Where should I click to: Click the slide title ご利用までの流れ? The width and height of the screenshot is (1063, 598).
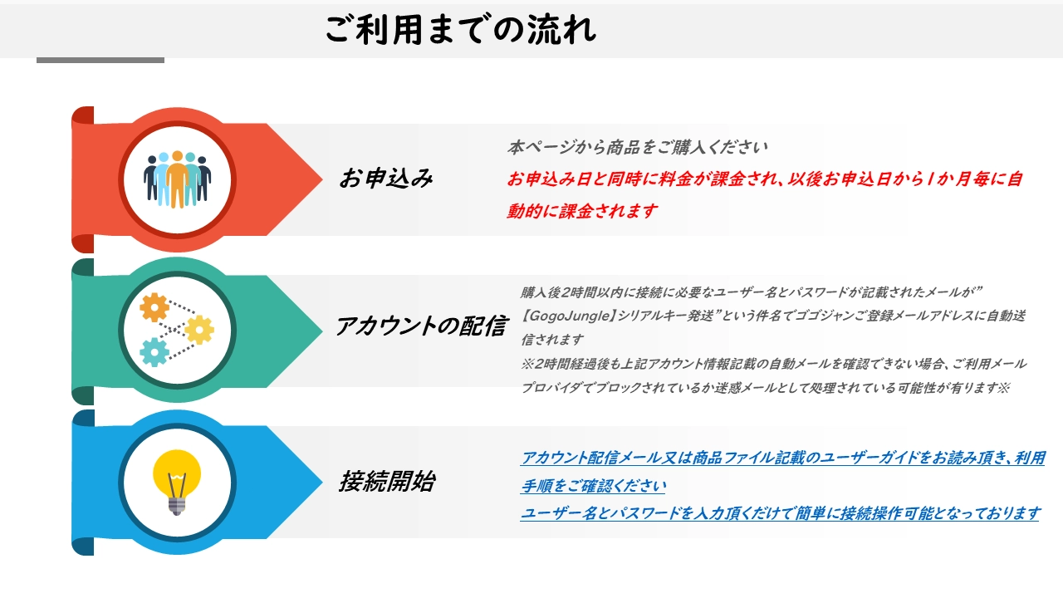(x=460, y=29)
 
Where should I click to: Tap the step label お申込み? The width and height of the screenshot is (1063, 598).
(x=386, y=179)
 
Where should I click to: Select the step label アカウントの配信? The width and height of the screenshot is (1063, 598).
(x=421, y=326)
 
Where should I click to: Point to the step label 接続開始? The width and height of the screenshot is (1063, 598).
(x=387, y=481)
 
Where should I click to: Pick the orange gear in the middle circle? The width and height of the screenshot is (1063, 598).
(x=154, y=307)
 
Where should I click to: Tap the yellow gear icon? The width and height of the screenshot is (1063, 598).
(x=199, y=329)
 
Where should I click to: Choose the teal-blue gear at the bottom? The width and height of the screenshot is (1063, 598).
(x=154, y=352)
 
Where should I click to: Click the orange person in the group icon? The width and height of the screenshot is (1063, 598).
(x=177, y=179)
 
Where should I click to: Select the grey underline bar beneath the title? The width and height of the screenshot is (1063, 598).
(x=100, y=61)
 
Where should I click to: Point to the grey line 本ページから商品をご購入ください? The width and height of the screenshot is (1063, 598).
(x=637, y=147)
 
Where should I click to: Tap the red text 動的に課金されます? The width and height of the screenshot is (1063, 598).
(x=582, y=211)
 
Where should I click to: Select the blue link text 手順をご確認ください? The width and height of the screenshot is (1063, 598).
(x=593, y=486)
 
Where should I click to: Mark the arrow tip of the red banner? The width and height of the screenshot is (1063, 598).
(x=322, y=179)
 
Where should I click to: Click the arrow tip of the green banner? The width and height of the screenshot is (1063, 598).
(x=322, y=331)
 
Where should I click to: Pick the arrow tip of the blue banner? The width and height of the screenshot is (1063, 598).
(x=322, y=483)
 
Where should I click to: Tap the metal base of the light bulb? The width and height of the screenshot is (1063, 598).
(x=177, y=507)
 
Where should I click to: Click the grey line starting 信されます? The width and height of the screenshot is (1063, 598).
(x=552, y=340)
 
